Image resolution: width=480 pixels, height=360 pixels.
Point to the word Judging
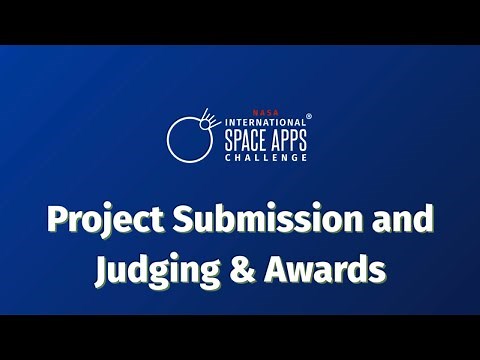coord(154,268)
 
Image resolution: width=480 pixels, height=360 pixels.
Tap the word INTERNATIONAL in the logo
coord(260,124)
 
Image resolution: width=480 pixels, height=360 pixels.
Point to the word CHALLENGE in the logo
coord(265,156)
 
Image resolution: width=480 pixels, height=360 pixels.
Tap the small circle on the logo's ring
coord(209,124)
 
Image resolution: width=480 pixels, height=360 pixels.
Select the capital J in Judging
coord(103,268)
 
